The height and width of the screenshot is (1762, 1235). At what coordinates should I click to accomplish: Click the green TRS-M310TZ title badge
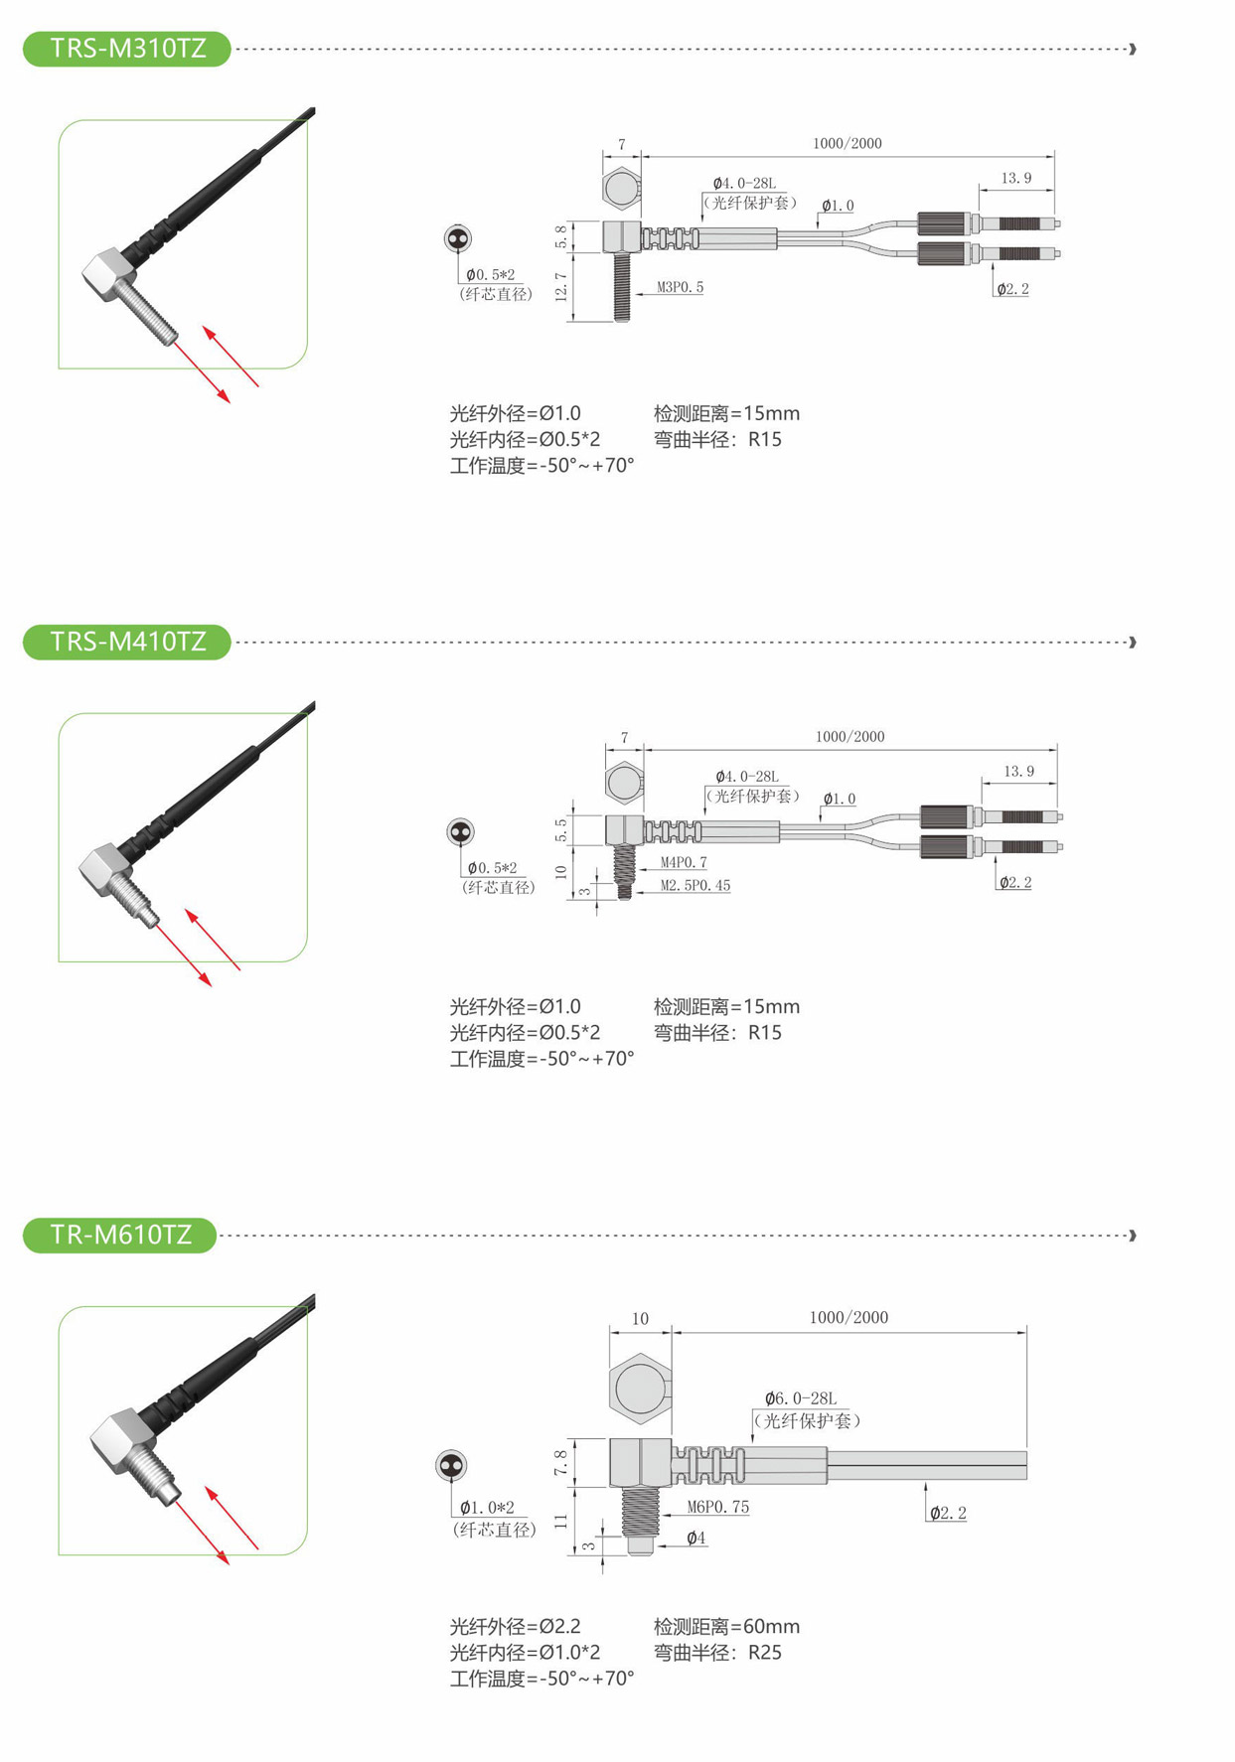(x=127, y=49)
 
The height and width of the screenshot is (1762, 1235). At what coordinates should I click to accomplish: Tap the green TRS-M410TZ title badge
(x=127, y=642)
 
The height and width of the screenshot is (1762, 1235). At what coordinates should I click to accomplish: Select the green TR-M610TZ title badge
(x=120, y=1235)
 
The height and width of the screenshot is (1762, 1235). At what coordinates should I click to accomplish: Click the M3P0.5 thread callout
(x=680, y=287)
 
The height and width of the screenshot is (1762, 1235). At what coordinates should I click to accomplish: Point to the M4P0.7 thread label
(x=684, y=862)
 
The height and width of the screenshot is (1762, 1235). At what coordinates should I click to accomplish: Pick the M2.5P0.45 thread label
(x=695, y=885)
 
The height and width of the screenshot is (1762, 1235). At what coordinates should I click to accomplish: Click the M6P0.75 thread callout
(x=718, y=1507)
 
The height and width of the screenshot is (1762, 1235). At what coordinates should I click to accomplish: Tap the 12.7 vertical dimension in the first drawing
(x=561, y=287)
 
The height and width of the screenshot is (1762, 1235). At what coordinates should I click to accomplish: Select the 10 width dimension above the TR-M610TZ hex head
(x=640, y=1319)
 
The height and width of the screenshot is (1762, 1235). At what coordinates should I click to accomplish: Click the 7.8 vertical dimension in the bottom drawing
(x=560, y=1462)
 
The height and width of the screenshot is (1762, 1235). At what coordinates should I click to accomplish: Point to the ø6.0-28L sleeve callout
(x=801, y=1398)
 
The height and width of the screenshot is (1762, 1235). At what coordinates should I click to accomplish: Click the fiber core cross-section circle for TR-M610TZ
(x=451, y=1465)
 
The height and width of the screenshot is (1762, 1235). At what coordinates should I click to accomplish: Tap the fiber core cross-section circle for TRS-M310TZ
(x=457, y=238)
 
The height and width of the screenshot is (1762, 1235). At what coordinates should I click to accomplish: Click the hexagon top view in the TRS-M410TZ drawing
(x=624, y=782)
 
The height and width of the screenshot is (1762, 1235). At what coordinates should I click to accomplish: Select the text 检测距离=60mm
(x=726, y=1626)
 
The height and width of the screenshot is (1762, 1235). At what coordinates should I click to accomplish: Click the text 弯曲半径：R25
(x=717, y=1652)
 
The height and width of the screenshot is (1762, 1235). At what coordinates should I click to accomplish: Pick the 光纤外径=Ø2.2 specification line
(x=515, y=1626)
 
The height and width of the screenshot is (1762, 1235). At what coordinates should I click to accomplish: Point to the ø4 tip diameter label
(x=695, y=1538)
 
